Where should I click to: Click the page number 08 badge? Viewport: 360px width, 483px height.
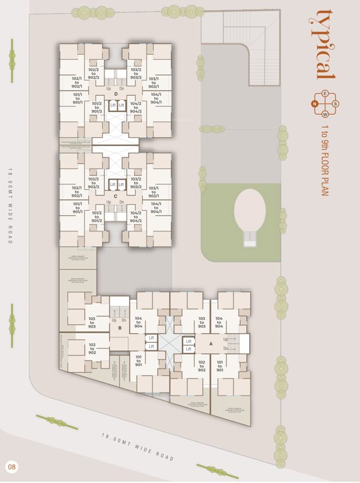coord(11,467)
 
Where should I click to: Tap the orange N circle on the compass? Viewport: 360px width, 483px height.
coord(317,104)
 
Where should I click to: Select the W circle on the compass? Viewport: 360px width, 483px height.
coord(325,114)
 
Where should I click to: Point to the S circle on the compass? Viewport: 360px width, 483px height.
coord(335,104)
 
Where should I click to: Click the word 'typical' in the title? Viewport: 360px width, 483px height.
coord(325,44)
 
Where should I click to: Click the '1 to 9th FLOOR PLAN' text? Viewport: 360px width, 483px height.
coord(325,160)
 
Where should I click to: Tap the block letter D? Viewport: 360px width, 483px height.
coord(116,95)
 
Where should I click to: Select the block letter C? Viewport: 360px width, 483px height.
coord(116,196)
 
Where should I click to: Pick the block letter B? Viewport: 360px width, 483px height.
coord(120,328)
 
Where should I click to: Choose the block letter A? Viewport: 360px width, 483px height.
coord(211,344)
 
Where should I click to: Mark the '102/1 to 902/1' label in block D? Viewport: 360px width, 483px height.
coord(77,82)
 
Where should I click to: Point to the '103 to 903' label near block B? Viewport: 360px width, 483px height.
coord(92,323)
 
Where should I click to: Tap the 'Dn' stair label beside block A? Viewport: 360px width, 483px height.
coord(225,348)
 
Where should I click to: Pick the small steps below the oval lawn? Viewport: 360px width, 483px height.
coord(250,238)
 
